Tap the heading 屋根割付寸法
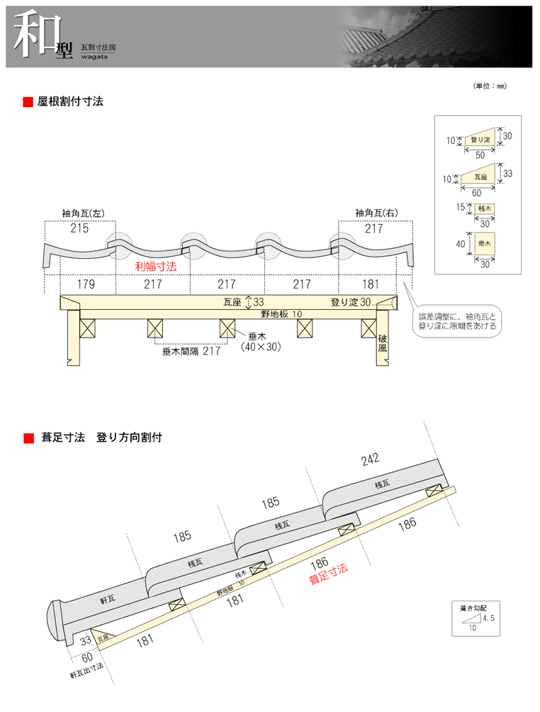(x=70, y=101)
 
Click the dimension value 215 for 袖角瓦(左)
(x=79, y=228)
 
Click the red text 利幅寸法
(x=155, y=267)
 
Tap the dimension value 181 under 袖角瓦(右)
(x=369, y=284)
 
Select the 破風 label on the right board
(x=383, y=343)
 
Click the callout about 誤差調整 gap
(x=458, y=321)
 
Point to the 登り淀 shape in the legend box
(x=480, y=140)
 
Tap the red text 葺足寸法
(x=329, y=574)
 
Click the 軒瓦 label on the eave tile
(x=108, y=599)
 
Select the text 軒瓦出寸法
(x=86, y=666)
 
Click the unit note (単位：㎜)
(x=490, y=86)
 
